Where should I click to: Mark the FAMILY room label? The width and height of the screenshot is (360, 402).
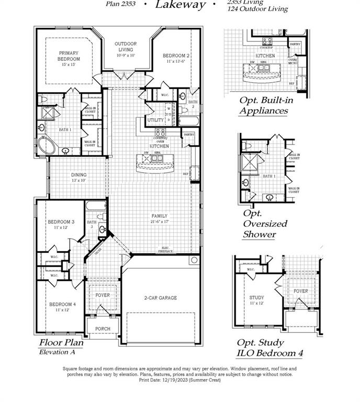pyautogui.click(x=160, y=218)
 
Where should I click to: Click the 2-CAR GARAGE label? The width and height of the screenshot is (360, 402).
pyautogui.click(x=161, y=298)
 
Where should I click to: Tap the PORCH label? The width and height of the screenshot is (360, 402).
pyautogui.click(x=103, y=329)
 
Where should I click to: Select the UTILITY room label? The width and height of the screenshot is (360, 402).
pyautogui.click(x=155, y=120)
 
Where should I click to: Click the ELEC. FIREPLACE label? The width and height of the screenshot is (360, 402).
pyautogui.click(x=165, y=250)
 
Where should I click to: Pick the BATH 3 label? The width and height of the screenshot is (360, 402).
pyautogui.click(x=92, y=225)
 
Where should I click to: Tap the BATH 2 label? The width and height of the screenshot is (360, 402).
pyautogui.click(x=193, y=104)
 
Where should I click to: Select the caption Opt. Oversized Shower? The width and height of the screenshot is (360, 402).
pyautogui.click(x=265, y=224)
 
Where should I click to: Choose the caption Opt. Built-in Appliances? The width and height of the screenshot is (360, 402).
pyautogui.click(x=264, y=105)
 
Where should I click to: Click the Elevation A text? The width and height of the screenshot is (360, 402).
pyautogui.click(x=58, y=352)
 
